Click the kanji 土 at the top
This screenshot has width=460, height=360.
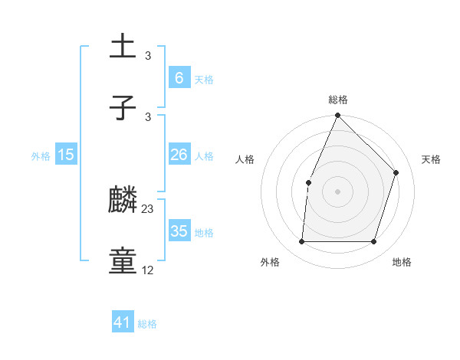click(x=123, y=47)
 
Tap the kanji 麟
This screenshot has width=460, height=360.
click(x=123, y=201)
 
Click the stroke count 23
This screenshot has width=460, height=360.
click(x=148, y=209)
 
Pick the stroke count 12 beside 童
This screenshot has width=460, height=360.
click(x=148, y=270)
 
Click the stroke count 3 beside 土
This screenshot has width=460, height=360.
click(x=148, y=55)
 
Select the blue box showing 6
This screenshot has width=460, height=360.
click(x=179, y=77)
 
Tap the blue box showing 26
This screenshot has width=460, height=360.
click(x=179, y=155)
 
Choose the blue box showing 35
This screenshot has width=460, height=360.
click(x=179, y=231)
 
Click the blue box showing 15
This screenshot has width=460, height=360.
click(x=66, y=155)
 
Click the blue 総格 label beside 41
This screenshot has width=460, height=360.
click(x=147, y=324)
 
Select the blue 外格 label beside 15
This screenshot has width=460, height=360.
click(x=41, y=156)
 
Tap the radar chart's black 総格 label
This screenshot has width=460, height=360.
click(x=338, y=100)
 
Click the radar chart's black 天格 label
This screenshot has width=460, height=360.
click(x=432, y=159)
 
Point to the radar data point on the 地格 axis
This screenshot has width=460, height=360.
click(x=374, y=242)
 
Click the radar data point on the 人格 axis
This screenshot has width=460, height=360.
click(x=308, y=182)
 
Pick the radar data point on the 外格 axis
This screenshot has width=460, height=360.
click(x=301, y=242)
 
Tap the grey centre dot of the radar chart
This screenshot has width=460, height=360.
click(x=338, y=191)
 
